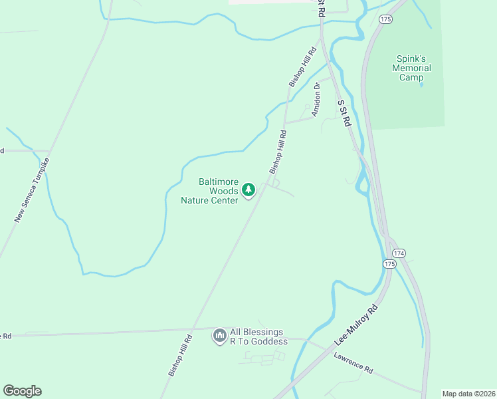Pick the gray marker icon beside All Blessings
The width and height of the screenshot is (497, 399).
tap(219, 336)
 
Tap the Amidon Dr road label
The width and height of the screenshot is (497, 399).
tap(317, 99)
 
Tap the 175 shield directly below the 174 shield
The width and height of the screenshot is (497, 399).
tap(389, 264)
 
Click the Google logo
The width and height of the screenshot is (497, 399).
tap(22, 391)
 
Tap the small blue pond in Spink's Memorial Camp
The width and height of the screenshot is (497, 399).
tap(421, 84)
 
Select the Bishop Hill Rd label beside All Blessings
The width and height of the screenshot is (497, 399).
tap(180, 356)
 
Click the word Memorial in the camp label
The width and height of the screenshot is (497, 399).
tap(411, 68)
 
